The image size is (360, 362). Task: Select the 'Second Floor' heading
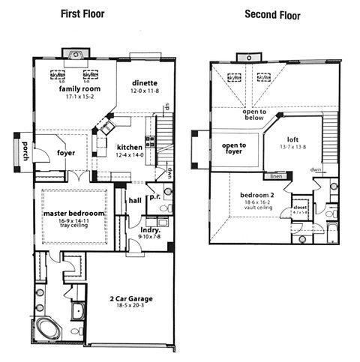click(x=272, y=14)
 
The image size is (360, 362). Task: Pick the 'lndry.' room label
click(x=151, y=229)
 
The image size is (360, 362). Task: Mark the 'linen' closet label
click(x=277, y=176)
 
